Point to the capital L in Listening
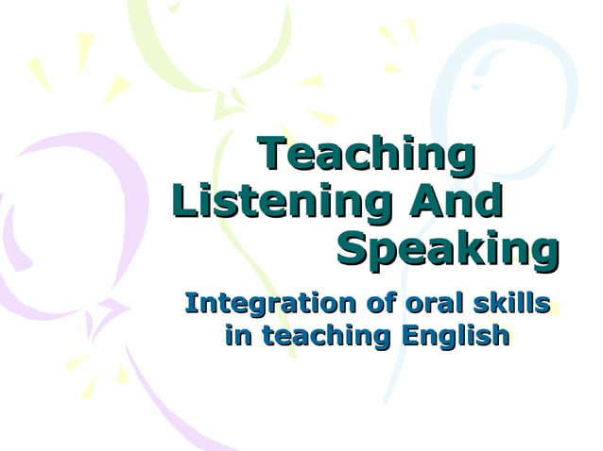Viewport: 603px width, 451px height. [x=184, y=201]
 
